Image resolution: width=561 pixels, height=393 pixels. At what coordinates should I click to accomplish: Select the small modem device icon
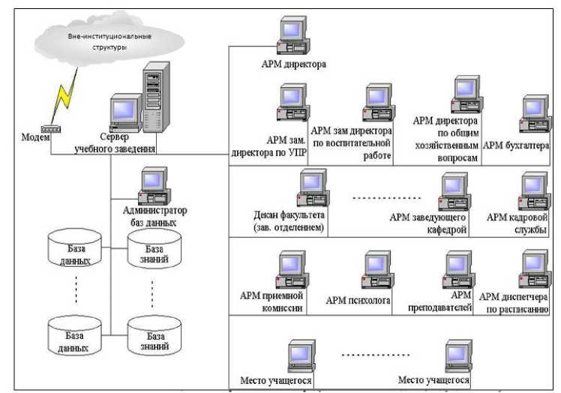tap(50, 129)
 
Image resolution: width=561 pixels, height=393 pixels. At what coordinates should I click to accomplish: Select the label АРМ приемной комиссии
tap(271, 301)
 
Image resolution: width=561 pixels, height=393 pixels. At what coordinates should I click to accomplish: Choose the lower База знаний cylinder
tap(154, 335)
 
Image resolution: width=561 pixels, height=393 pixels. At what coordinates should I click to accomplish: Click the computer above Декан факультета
tap(313, 190)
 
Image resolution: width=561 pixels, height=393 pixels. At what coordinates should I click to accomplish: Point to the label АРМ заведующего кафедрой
tap(428, 223)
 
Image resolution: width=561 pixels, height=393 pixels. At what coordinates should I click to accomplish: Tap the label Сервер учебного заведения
tap(115, 143)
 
